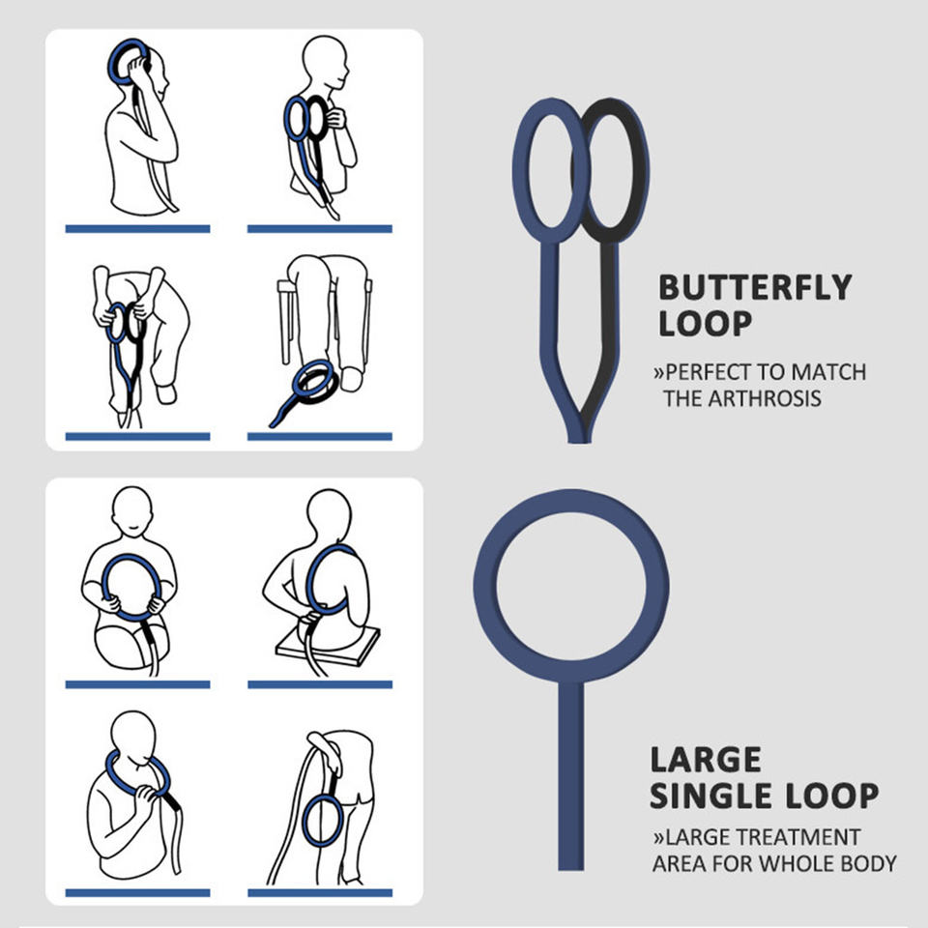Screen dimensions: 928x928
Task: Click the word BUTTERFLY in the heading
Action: point(755,288)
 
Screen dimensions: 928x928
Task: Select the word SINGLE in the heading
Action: point(710,797)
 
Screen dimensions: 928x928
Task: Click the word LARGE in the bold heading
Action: point(706,760)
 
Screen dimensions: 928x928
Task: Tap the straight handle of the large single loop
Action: point(570,773)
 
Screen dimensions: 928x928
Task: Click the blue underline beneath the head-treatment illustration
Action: point(137,229)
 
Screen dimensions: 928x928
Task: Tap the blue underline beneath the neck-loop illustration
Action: point(137,891)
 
